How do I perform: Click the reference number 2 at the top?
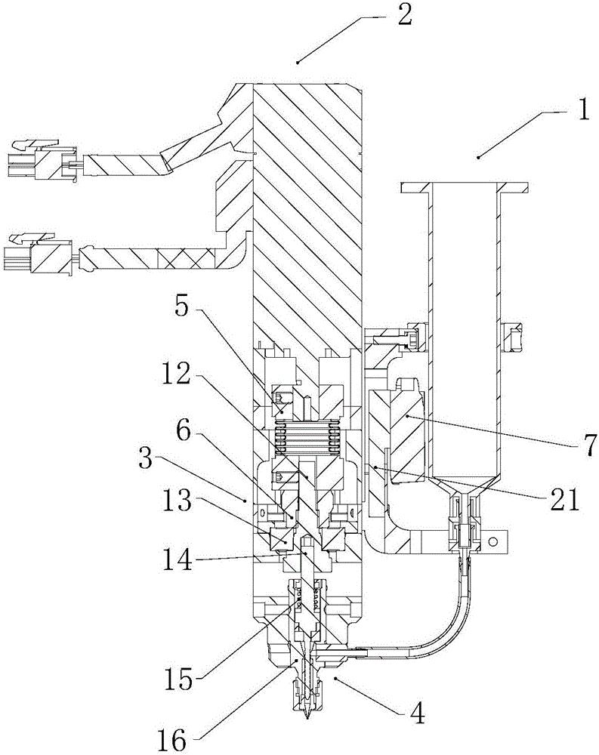tap(404, 15)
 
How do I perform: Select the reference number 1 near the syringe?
tap(583, 110)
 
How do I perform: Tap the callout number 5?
tap(182, 308)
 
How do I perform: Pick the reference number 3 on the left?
tap(145, 461)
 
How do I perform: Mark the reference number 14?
tap(177, 560)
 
